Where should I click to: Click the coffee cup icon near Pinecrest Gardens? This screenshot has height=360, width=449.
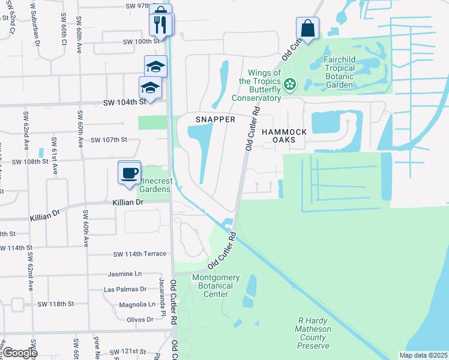(129, 173)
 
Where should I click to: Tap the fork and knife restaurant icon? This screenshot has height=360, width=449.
(160, 25)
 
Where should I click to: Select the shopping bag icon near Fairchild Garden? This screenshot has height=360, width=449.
(307, 28)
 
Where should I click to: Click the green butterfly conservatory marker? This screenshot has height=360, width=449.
(290, 84)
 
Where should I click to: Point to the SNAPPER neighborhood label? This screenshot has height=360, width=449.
(215, 119)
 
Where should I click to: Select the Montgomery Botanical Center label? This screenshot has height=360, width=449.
(215, 286)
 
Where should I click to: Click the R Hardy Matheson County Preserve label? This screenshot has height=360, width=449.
(313, 333)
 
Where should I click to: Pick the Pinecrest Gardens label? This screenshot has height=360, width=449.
(155, 184)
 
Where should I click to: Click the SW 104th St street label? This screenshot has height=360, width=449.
(125, 103)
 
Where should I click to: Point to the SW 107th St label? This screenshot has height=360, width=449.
(109, 140)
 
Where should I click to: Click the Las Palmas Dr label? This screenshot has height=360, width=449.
(125, 289)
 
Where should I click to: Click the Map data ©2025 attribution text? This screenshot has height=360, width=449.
(423, 355)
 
